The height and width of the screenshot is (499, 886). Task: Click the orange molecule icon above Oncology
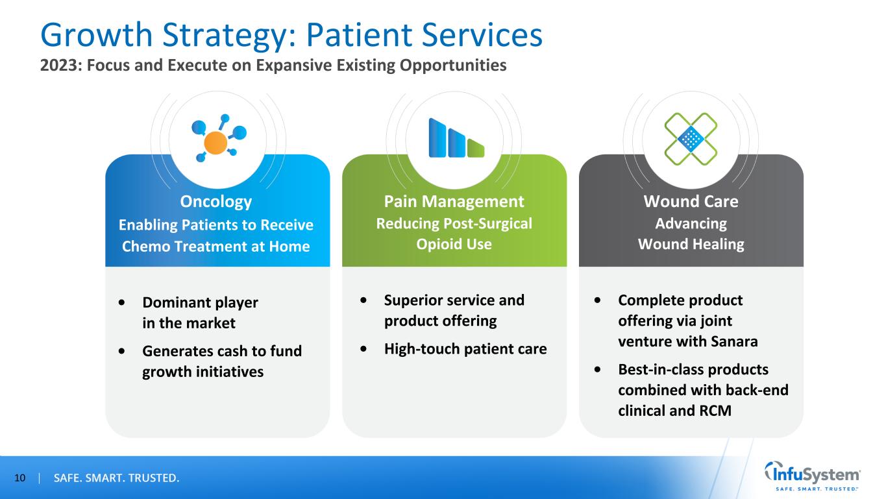217,139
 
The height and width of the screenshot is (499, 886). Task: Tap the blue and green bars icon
456,138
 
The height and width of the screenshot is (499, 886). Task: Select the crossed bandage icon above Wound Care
691,138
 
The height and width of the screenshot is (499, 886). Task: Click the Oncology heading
216,202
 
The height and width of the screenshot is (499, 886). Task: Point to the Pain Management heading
454,201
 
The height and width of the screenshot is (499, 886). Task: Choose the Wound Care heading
691,202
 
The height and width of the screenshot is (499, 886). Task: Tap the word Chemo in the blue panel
144,247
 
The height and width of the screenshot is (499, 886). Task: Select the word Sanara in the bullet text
733,341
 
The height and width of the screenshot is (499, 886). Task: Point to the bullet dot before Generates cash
123,352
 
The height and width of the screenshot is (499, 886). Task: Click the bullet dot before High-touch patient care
365,349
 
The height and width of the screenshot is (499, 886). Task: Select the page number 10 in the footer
19,479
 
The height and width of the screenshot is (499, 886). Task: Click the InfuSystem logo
813,477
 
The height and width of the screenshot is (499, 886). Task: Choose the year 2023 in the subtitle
56,66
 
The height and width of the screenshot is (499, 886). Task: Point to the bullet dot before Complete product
597,300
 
